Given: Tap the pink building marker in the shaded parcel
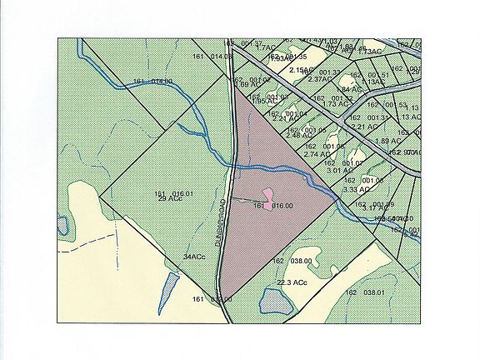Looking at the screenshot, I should (x=267, y=206).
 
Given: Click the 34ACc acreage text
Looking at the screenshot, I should (x=193, y=257).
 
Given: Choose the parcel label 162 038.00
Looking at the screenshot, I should (x=292, y=261).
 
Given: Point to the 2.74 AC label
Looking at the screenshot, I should (x=317, y=154).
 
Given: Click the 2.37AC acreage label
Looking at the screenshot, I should (x=320, y=79).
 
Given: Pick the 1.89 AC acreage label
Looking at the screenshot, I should (x=387, y=141).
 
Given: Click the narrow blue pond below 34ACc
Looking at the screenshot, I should (x=167, y=289).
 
